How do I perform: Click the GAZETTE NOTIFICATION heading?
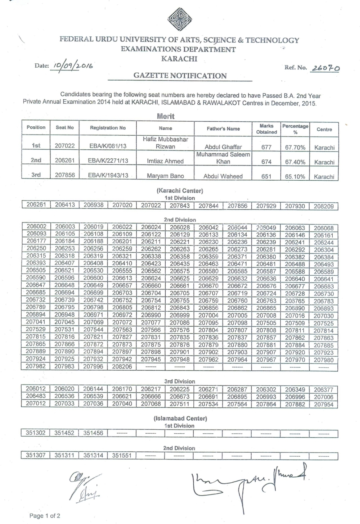(180, 76)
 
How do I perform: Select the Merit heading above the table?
(166, 116)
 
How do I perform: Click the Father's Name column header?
(223, 128)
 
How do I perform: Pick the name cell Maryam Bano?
(165, 176)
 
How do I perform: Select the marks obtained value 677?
(266, 147)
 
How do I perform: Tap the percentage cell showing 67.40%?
(295, 162)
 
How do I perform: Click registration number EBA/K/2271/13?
(108, 161)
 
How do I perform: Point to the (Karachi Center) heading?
(180, 191)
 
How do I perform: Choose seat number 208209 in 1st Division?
(324, 206)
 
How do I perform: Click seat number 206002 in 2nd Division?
(36, 227)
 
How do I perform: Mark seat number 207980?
(324, 360)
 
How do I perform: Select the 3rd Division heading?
(180, 381)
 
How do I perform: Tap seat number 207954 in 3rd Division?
(324, 404)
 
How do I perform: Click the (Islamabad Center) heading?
(180, 419)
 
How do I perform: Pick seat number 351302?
(36, 433)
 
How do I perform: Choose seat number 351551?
(122, 455)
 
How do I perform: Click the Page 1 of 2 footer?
(45, 516)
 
